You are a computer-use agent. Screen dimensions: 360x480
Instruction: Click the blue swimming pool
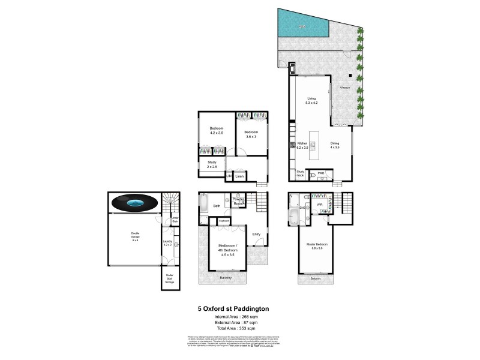302,26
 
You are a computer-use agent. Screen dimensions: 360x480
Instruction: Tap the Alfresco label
345,88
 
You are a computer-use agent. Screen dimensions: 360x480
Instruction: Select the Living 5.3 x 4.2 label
311,101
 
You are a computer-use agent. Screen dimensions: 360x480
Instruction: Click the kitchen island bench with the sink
313,146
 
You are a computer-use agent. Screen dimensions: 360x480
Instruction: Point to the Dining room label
335,145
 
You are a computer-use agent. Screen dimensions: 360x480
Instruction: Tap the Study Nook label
301,173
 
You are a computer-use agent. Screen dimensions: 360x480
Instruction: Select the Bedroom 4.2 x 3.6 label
217,130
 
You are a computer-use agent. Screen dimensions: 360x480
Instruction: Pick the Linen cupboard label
239,176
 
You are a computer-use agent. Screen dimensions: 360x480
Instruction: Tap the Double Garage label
131,235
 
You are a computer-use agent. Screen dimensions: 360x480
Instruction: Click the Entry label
256,234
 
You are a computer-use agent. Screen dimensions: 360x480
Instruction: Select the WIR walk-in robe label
320,205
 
